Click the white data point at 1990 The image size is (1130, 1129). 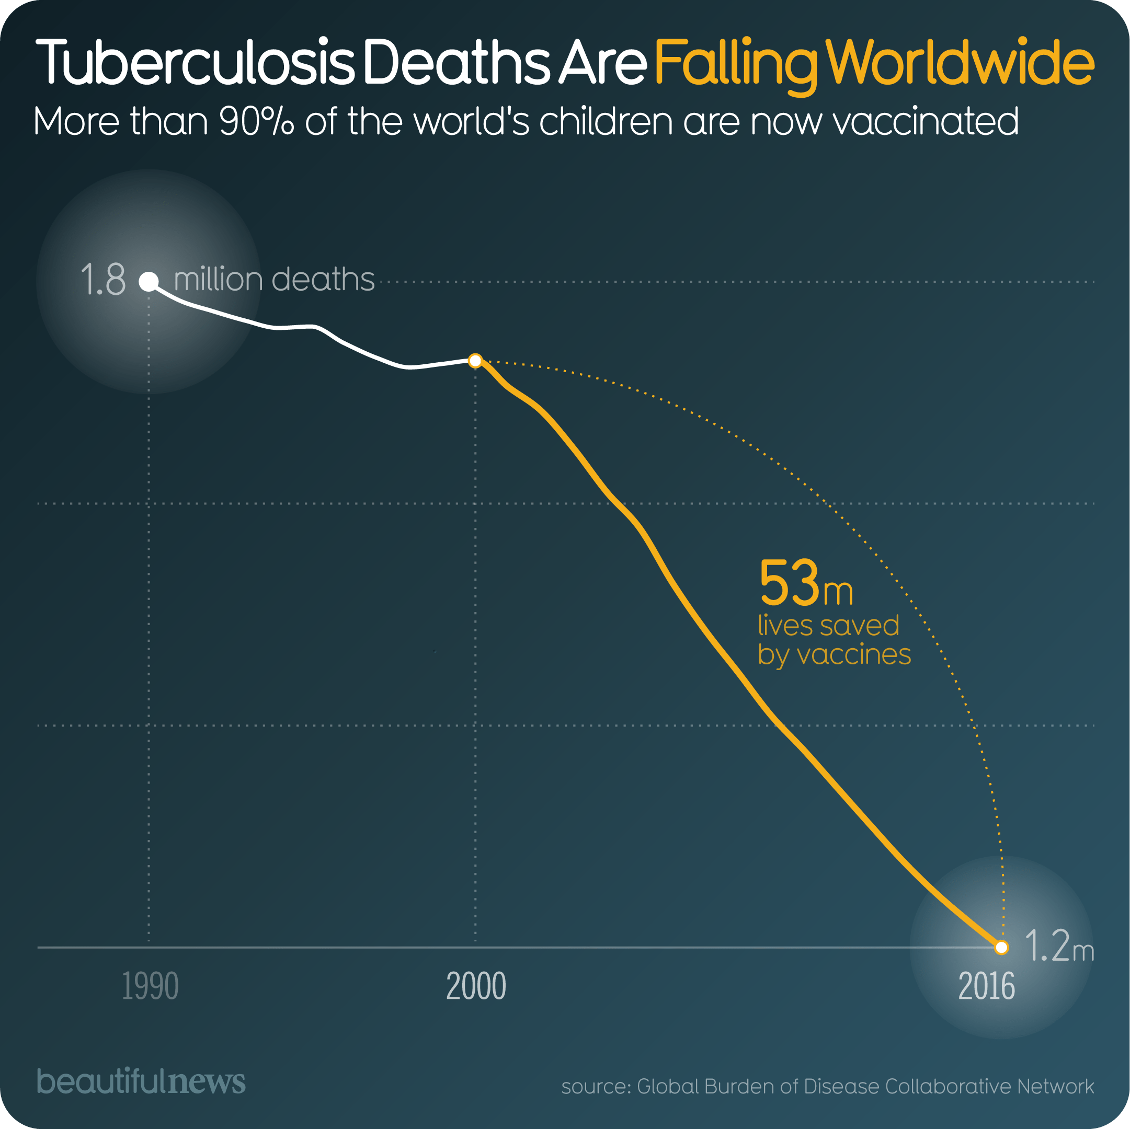pyautogui.click(x=149, y=282)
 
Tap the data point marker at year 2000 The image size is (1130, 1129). pyautogui.click(x=475, y=361)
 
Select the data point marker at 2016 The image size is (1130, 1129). pyautogui.click(x=1001, y=947)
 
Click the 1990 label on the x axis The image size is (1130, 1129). pyautogui.click(x=150, y=986)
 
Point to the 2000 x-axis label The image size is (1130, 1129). pyautogui.click(x=475, y=986)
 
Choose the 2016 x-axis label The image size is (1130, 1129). pyautogui.click(x=986, y=986)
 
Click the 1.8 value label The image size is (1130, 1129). pyautogui.click(x=103, y=280)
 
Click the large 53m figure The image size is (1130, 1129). pyautogui.click(x=805, y=584)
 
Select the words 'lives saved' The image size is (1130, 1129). pyautogui.click(x=828, y=626)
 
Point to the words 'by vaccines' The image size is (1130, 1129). pyautogui.click(x=834, y=654)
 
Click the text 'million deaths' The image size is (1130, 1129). pyautogui.click(x=273, y=280)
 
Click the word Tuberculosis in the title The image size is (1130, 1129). pyautogui.click(x=195, y=63)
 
